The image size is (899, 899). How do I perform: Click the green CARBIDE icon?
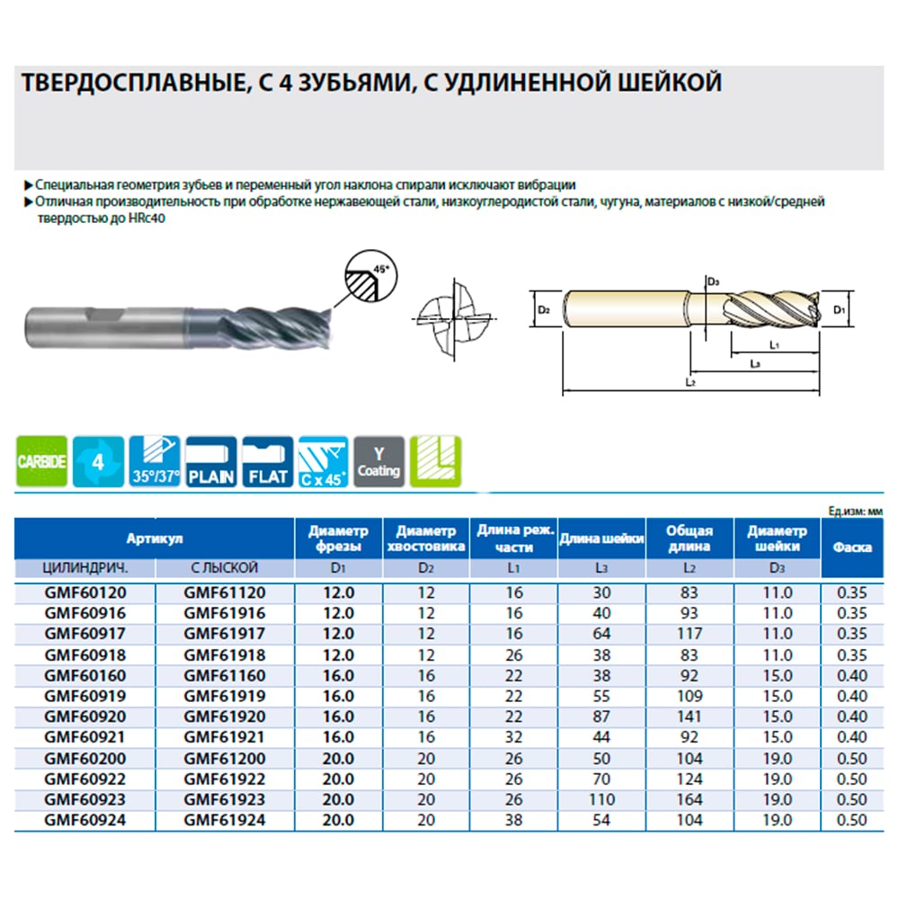(x=42, y=461)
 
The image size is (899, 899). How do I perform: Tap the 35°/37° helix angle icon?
(x=155, y=461)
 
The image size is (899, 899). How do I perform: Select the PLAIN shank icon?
(x=211, y=461)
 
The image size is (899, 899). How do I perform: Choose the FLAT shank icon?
(x=268, y=461)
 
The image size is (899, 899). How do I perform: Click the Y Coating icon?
(x=379, y=461)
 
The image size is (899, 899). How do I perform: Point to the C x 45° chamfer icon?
(x=324, y=461)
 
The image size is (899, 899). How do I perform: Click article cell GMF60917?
(x=85, y=634)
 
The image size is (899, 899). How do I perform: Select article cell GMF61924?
(x=225, y=821)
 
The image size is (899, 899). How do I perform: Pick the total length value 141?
(x=690, y=717)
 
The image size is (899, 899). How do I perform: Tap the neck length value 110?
(x=601, y=800)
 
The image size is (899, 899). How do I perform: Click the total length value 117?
(x=690, y=634)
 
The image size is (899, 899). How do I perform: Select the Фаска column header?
(x=852, y=547)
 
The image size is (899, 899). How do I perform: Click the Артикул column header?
(x=155, y=539)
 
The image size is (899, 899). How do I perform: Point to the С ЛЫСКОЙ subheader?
(x=225, y=568)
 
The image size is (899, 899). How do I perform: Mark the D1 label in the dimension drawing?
(x=840, y=310)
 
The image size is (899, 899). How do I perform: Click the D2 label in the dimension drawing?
(x=544, y=310)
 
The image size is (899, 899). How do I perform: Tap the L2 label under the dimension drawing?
(x=690, y=382)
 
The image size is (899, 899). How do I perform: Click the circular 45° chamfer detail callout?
(x=371, y=276)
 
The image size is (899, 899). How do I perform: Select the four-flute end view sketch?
(x=454, y=319)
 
